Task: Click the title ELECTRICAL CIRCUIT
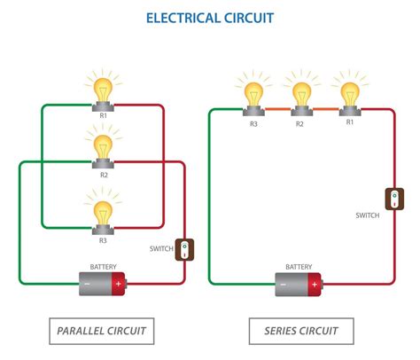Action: (x=210, y=17)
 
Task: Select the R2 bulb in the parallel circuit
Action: (x=104, y=144)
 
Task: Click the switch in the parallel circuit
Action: (x=184, y=249)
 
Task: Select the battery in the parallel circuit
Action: (x=104, y=284)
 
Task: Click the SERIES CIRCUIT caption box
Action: (x=301, y=331)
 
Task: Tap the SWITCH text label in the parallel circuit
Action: (x=162, y=248)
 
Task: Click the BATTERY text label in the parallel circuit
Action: (x=103, y=266)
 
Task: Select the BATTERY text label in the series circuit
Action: (x=299, y=267)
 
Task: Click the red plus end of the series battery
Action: (x=314, y=285)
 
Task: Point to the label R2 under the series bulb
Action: (x=300, y=123)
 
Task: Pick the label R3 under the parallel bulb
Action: (x=104, y=240)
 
